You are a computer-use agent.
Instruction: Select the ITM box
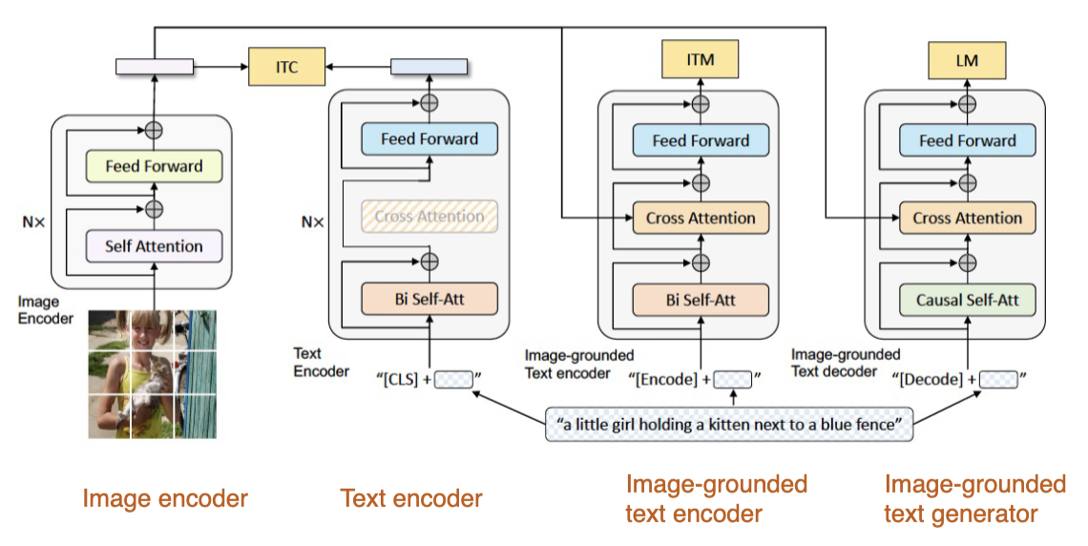click(701, 61)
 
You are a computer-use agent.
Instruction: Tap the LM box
click(968, 61)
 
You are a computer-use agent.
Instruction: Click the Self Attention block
click(154, 246)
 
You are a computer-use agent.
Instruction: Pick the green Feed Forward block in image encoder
click(154, 166)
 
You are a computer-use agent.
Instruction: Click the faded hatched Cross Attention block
click(429, 217)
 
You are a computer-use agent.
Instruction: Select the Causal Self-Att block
click(968, 300)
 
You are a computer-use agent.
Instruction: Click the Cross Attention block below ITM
click(701, 218)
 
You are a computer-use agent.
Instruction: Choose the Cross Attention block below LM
click(968, 218)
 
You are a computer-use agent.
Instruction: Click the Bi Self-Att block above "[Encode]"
click(701, 300)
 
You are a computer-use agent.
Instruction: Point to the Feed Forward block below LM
click(968, 140)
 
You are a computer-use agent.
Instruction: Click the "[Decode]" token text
click(931, 380)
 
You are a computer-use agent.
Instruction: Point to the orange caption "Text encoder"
click(411, 498)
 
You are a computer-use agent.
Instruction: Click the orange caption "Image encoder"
click(165, 498)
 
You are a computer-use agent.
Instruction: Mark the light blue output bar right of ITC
click(429, 67)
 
